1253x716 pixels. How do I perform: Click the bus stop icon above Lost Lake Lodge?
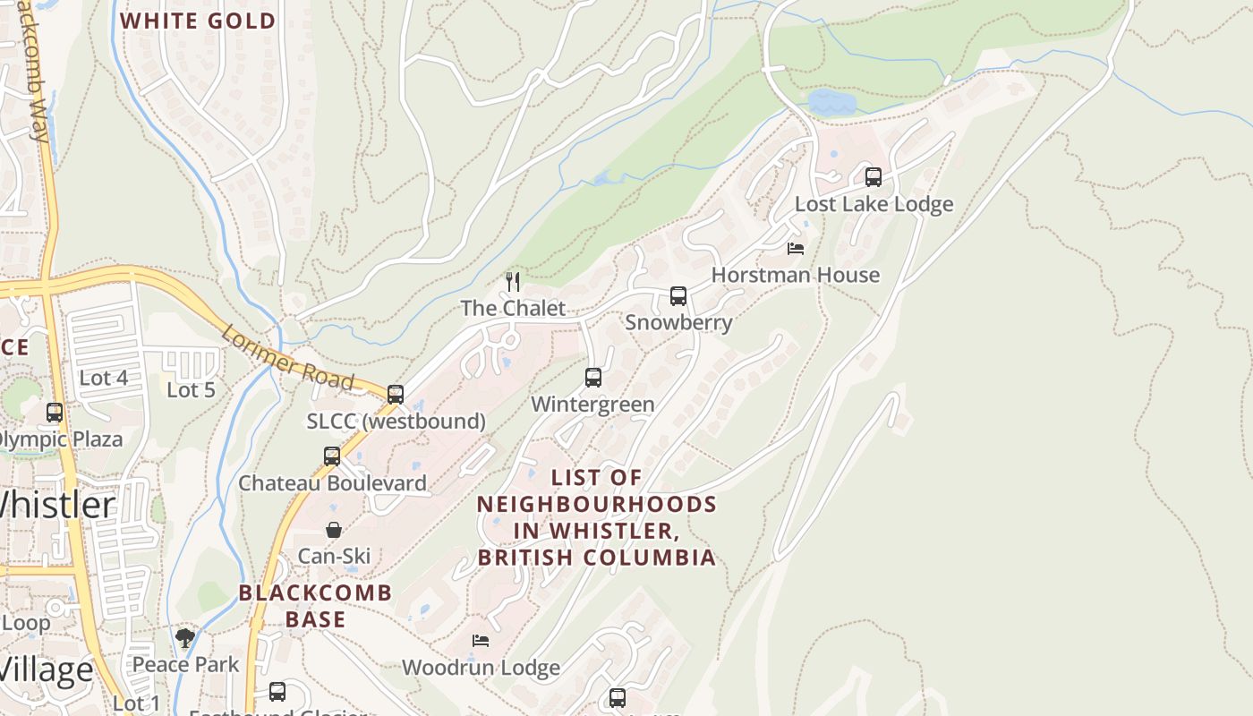point(873,177)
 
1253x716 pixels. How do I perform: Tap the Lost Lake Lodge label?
point(874,204)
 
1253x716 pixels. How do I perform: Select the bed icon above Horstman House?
point(795,249)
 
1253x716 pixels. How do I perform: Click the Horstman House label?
point(795,275)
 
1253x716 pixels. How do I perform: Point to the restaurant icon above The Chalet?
point(513,282)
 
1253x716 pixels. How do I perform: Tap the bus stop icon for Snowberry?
point(678,296)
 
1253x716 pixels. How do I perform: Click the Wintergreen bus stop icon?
point(592,378)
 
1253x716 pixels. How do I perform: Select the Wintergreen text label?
point(592,405)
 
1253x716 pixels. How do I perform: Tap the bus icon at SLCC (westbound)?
point(395,394)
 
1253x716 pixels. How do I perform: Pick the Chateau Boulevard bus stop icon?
point(332,456)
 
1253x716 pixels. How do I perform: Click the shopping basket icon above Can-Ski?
point(333,530)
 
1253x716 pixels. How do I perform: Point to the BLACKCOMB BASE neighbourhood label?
point(315,606)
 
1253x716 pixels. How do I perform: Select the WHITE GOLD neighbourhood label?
point(198,21)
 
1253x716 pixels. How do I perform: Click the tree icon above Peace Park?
point(185,638)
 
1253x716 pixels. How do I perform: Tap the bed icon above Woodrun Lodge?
point(481,641)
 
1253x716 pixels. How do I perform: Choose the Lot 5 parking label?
point(191,390)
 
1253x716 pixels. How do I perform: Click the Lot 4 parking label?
point(103,378)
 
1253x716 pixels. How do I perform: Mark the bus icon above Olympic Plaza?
point(55,413)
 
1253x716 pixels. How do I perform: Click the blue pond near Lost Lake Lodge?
point(831,103)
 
